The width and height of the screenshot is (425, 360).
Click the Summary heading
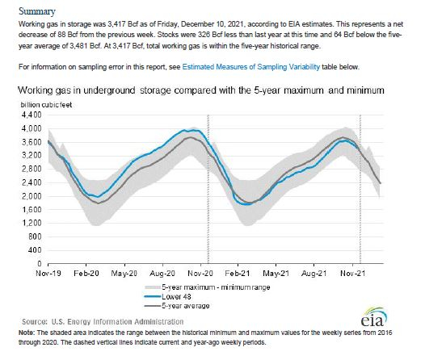pyautogui.click(x=37, y=11)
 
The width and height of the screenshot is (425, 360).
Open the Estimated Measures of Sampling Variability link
pyautogui.click(x=250, y=67)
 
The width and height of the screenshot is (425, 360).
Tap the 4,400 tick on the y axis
pyautogui.click(x=32, y=115)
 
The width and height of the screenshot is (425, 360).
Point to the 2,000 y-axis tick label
pyautogui.click(x=32, y=196)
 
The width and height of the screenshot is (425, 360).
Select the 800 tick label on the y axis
pyautogui.click(x=36, y=237)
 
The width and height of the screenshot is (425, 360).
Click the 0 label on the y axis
pyautogui.click(x=40, y=263)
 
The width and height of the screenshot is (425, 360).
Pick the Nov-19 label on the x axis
pyautogui.click(x=48, y=274)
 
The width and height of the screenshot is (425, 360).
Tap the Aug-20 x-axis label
pyautogui.click(x=162, y=274)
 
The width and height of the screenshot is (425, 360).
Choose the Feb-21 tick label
pyautogui.click(x=238, y=274)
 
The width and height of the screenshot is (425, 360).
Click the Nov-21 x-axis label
pyautogui.click(x=352, y=274)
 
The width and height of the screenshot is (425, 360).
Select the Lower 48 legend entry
pyautogui.click(x=168, y=297)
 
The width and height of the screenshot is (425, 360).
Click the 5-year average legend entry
pyautogui.click(x=177, y=306)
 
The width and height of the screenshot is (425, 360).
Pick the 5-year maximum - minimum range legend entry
pyautogui.click(x=208, y=287)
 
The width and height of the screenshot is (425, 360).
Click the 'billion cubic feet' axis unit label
pyautogui.click(x=46, y=105)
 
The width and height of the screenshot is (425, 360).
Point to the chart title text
pyautogui.click(x=201, y=90)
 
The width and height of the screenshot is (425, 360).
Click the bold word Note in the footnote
pyautogui.click(x=26, y=333)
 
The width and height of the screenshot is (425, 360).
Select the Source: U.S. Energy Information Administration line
pyautogui.click(x=103, y=321)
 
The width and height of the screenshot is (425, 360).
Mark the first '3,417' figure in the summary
pyautogui.click(x=116, y=24)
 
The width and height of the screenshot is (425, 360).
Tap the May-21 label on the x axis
pyautogui.click(x=276, y=274)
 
